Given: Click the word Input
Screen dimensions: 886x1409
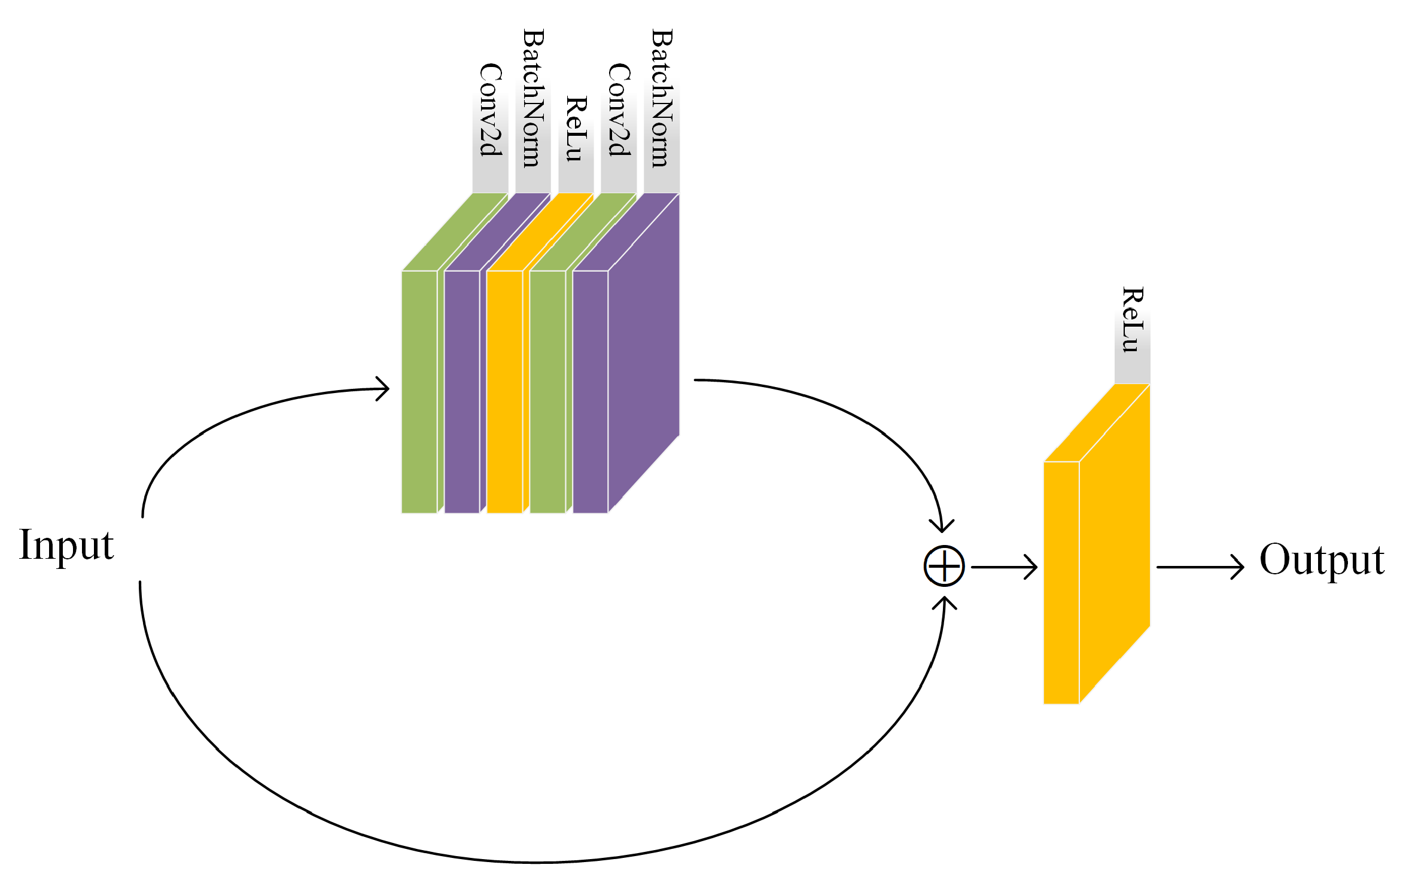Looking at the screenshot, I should click(x=66, y=546).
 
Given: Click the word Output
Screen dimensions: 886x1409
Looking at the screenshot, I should click(x=1322, y=560).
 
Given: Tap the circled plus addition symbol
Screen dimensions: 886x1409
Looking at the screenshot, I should click(x=944, y=566).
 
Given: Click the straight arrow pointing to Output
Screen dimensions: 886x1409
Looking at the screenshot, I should click(x=1199, y=567).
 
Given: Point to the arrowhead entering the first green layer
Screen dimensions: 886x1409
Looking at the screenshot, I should click(x=383, y=389).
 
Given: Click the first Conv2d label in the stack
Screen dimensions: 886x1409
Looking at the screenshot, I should click(x=491, y=110).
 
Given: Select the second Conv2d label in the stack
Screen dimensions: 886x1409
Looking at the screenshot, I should click(x=619, y=110).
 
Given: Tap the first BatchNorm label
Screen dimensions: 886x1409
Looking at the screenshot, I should click(x=533, y=98).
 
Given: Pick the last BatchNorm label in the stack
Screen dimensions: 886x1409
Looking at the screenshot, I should click(x=662, y=98).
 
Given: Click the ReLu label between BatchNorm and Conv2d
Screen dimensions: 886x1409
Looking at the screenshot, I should click(x=576, y=129).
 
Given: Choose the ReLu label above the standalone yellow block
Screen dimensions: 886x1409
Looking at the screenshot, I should click(x=1132, y=320).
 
